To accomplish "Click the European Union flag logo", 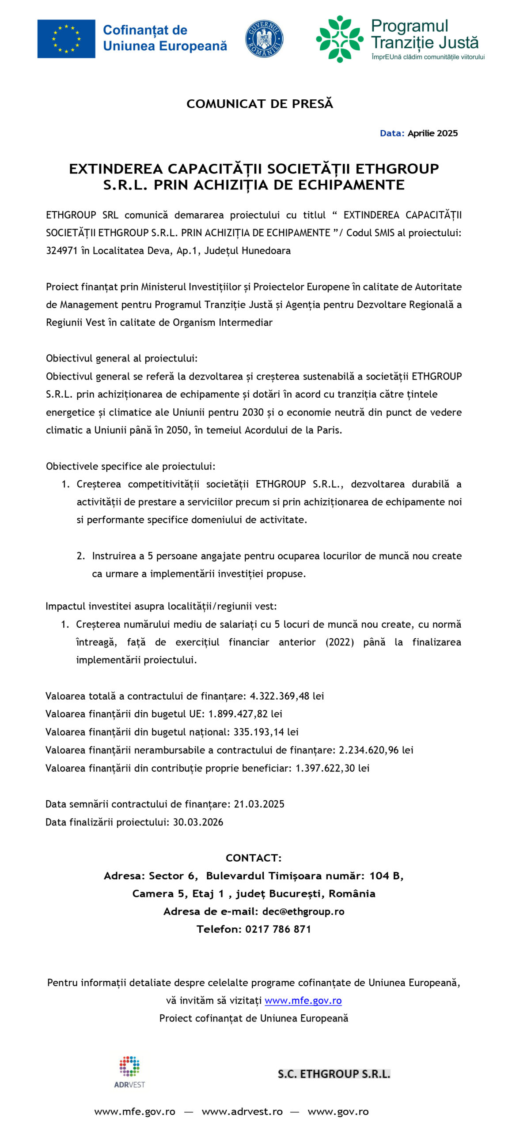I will pos(66,39).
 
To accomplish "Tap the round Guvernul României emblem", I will pos(264,39).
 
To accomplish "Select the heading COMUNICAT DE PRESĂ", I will pos(259,104).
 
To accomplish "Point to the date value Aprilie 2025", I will pos(432,133).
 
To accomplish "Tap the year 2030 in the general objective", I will pos(253,412).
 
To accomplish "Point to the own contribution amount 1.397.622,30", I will pos(325,768).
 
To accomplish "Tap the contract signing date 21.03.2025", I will pos(259,804).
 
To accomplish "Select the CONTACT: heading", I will pos(253,858).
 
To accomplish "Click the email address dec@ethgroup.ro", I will pos(303,912).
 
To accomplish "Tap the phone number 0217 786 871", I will pos(278,929).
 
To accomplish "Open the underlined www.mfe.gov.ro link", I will pos(303,1001).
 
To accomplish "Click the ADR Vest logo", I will pos(129,1072).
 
